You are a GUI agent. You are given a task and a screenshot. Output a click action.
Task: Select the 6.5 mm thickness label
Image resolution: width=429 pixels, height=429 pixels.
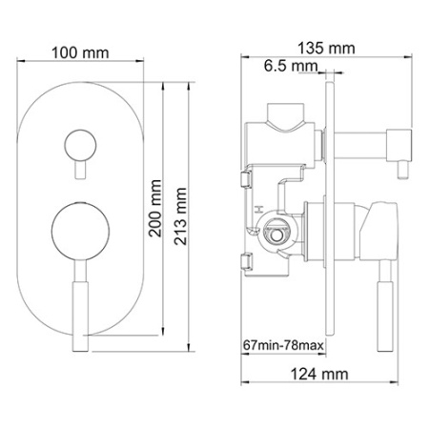[291, 66]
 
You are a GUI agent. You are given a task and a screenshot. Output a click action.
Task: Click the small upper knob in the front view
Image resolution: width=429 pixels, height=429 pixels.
[79, 146]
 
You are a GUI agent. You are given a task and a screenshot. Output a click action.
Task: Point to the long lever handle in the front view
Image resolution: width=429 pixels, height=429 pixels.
[79, 304]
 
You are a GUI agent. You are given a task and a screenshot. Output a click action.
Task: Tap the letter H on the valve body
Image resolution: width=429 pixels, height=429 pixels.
[256, 205]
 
